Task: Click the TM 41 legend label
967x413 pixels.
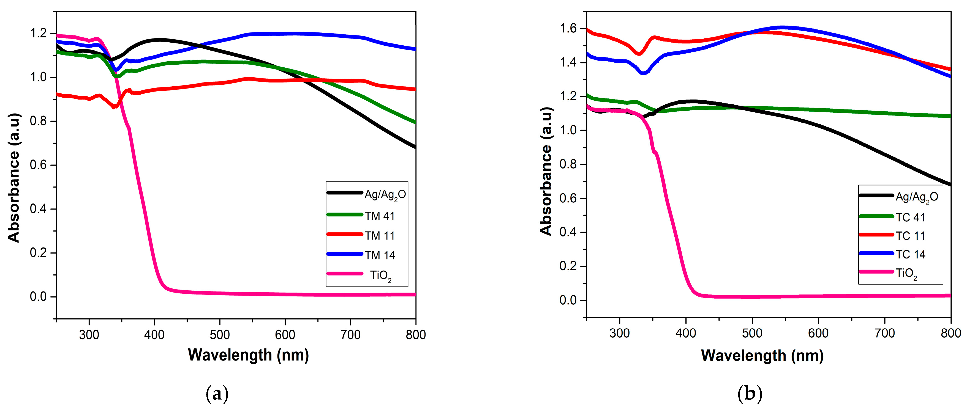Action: coord(380,216)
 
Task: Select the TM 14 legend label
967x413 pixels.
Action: coord(380,255)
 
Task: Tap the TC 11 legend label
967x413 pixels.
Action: coord(910,236)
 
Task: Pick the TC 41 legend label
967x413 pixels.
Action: coord(910,217)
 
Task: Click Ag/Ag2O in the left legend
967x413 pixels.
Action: coord(385,194)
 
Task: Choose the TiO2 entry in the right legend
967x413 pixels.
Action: coord(906,274)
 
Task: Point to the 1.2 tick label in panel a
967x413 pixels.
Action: coord(39,33)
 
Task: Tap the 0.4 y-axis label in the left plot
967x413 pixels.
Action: coord(39,209)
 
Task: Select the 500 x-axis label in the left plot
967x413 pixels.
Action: coord(220,335)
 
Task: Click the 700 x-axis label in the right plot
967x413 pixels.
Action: coord(885,333)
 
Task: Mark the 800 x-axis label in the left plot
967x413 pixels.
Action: coord(416,335)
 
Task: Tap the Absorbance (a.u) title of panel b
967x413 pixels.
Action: coord(546,171)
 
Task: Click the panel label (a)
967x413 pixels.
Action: coord(217,394)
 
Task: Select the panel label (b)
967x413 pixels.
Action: coord(750,394)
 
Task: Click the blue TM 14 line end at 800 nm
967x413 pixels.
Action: coord(415,49)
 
